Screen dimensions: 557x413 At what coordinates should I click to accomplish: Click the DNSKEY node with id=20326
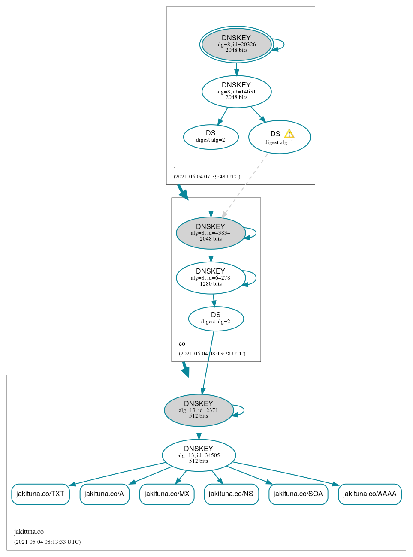[x=236, y=44]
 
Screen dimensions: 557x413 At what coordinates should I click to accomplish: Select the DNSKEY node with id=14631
[x=236, y=91]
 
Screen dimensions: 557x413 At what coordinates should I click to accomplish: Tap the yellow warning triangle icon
[x=289, y=134]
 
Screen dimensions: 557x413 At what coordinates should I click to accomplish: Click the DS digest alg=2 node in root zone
[x=211, y=137]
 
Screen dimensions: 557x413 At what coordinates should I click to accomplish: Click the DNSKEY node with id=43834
[x=211, y=233]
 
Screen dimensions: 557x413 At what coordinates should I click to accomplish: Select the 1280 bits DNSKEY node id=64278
[x=211, y=278]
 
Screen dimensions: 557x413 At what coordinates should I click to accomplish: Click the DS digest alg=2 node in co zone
[x=216, y=319]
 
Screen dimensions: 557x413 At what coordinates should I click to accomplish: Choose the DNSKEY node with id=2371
[x=199, y=410]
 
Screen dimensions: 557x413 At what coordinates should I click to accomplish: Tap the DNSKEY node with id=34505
[x=199, y=455]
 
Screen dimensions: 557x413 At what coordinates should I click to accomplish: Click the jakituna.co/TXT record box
[x=40, y=494]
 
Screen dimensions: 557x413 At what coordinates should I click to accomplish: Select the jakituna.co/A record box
[x=104, y=494]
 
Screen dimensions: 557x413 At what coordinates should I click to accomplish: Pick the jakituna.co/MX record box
[x=167, y=494]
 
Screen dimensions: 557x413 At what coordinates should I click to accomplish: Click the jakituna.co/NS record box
[x=231, y=494]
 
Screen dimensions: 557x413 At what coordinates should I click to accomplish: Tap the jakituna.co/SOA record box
[x=298, y=494]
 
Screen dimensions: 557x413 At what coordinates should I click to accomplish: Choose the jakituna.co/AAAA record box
[x=370, y=494]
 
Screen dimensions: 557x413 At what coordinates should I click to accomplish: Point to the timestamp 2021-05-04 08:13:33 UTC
[x=47, y=542]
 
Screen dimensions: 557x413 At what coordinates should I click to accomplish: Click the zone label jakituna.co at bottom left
[x=29, y=532]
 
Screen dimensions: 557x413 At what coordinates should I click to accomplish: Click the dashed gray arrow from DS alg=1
[x=244, y=185]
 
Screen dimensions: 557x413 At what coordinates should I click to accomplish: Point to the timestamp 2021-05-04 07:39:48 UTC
[x=207, y=177]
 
